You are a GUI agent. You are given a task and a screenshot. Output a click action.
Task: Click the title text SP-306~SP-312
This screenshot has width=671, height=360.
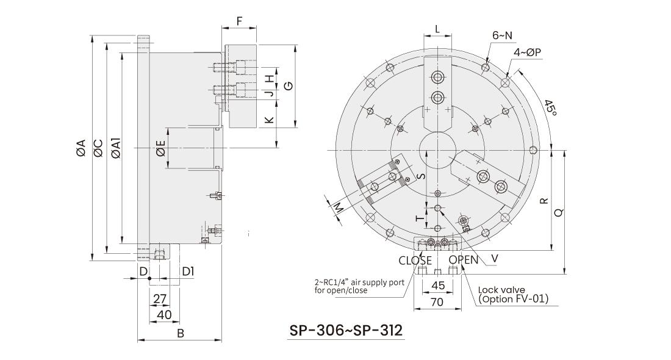tap(345, 330)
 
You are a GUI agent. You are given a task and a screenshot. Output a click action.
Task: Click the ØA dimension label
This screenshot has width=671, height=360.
tap(80, 148)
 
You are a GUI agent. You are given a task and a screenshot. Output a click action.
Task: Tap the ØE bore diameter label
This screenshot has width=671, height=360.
tap(160, 148)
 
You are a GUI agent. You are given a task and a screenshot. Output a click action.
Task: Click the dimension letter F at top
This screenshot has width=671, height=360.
tap(239, 21)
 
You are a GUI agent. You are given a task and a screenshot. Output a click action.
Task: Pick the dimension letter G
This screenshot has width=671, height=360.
tap(289, 85)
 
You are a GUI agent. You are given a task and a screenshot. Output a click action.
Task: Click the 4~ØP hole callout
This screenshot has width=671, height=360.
tap(528, 52)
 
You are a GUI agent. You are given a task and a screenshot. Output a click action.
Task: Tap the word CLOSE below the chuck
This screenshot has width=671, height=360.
tap(415, 261)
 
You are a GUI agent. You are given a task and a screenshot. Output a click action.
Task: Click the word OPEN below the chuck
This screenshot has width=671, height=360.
tap(464, 261)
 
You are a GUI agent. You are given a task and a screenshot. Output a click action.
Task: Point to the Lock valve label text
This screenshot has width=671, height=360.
tap(500, 291)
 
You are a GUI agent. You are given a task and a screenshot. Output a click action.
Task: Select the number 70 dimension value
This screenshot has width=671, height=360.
tap(437, 301)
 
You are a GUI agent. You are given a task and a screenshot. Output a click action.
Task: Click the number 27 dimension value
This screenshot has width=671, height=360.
tap(159, 298)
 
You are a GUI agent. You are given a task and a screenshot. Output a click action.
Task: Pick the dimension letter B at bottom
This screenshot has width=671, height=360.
tap(180, 333)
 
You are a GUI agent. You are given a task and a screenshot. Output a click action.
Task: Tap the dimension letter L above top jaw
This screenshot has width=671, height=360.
tap(437, 29)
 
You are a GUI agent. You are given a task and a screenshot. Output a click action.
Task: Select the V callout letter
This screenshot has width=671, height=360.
tap(495, 258)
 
